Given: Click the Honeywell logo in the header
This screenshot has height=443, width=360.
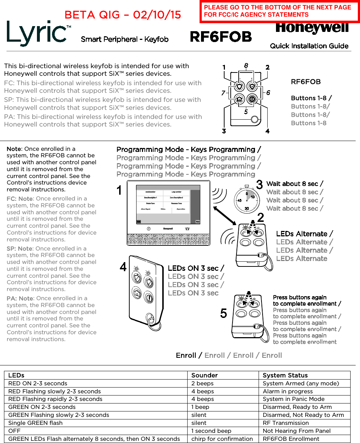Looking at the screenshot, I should (312, 28).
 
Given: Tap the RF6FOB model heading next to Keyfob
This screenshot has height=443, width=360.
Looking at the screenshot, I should (221, 37).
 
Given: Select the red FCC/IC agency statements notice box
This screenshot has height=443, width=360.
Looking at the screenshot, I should (279, 11).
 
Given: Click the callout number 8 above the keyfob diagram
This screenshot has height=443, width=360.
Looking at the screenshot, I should (246, 66).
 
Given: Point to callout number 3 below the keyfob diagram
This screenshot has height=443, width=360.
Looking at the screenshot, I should (224, 131).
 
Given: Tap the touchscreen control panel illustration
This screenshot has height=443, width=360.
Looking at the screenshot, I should (168, 212).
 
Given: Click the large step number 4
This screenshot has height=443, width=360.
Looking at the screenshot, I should (123, 268).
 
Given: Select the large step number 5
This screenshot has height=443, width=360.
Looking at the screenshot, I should (223, 313).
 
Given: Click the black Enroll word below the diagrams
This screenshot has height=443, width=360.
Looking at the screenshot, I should (186, 355).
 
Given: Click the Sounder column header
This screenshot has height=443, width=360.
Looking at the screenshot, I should (204, 375).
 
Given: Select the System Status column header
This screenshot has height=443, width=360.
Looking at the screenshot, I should (285, 375).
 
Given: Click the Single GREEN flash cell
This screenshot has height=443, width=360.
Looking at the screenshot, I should (35, 423).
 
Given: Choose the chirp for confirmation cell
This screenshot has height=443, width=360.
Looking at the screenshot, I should (222, 439).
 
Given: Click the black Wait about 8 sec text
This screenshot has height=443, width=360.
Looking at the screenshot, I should (294, 184).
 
